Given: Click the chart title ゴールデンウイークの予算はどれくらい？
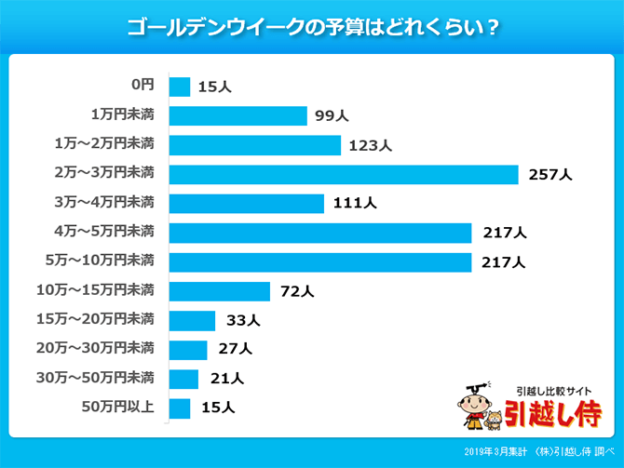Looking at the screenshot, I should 312,27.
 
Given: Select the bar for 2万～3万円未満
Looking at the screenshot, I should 343,174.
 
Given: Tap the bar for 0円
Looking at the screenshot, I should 180,87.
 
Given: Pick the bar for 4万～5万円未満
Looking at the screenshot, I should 320,233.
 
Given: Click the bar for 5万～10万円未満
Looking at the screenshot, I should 320,262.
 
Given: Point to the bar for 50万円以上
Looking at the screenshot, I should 180,408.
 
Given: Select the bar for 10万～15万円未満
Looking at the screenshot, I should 220,291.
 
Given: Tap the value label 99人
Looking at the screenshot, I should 332,116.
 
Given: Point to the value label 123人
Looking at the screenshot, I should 371,146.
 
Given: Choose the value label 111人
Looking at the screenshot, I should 354,204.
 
